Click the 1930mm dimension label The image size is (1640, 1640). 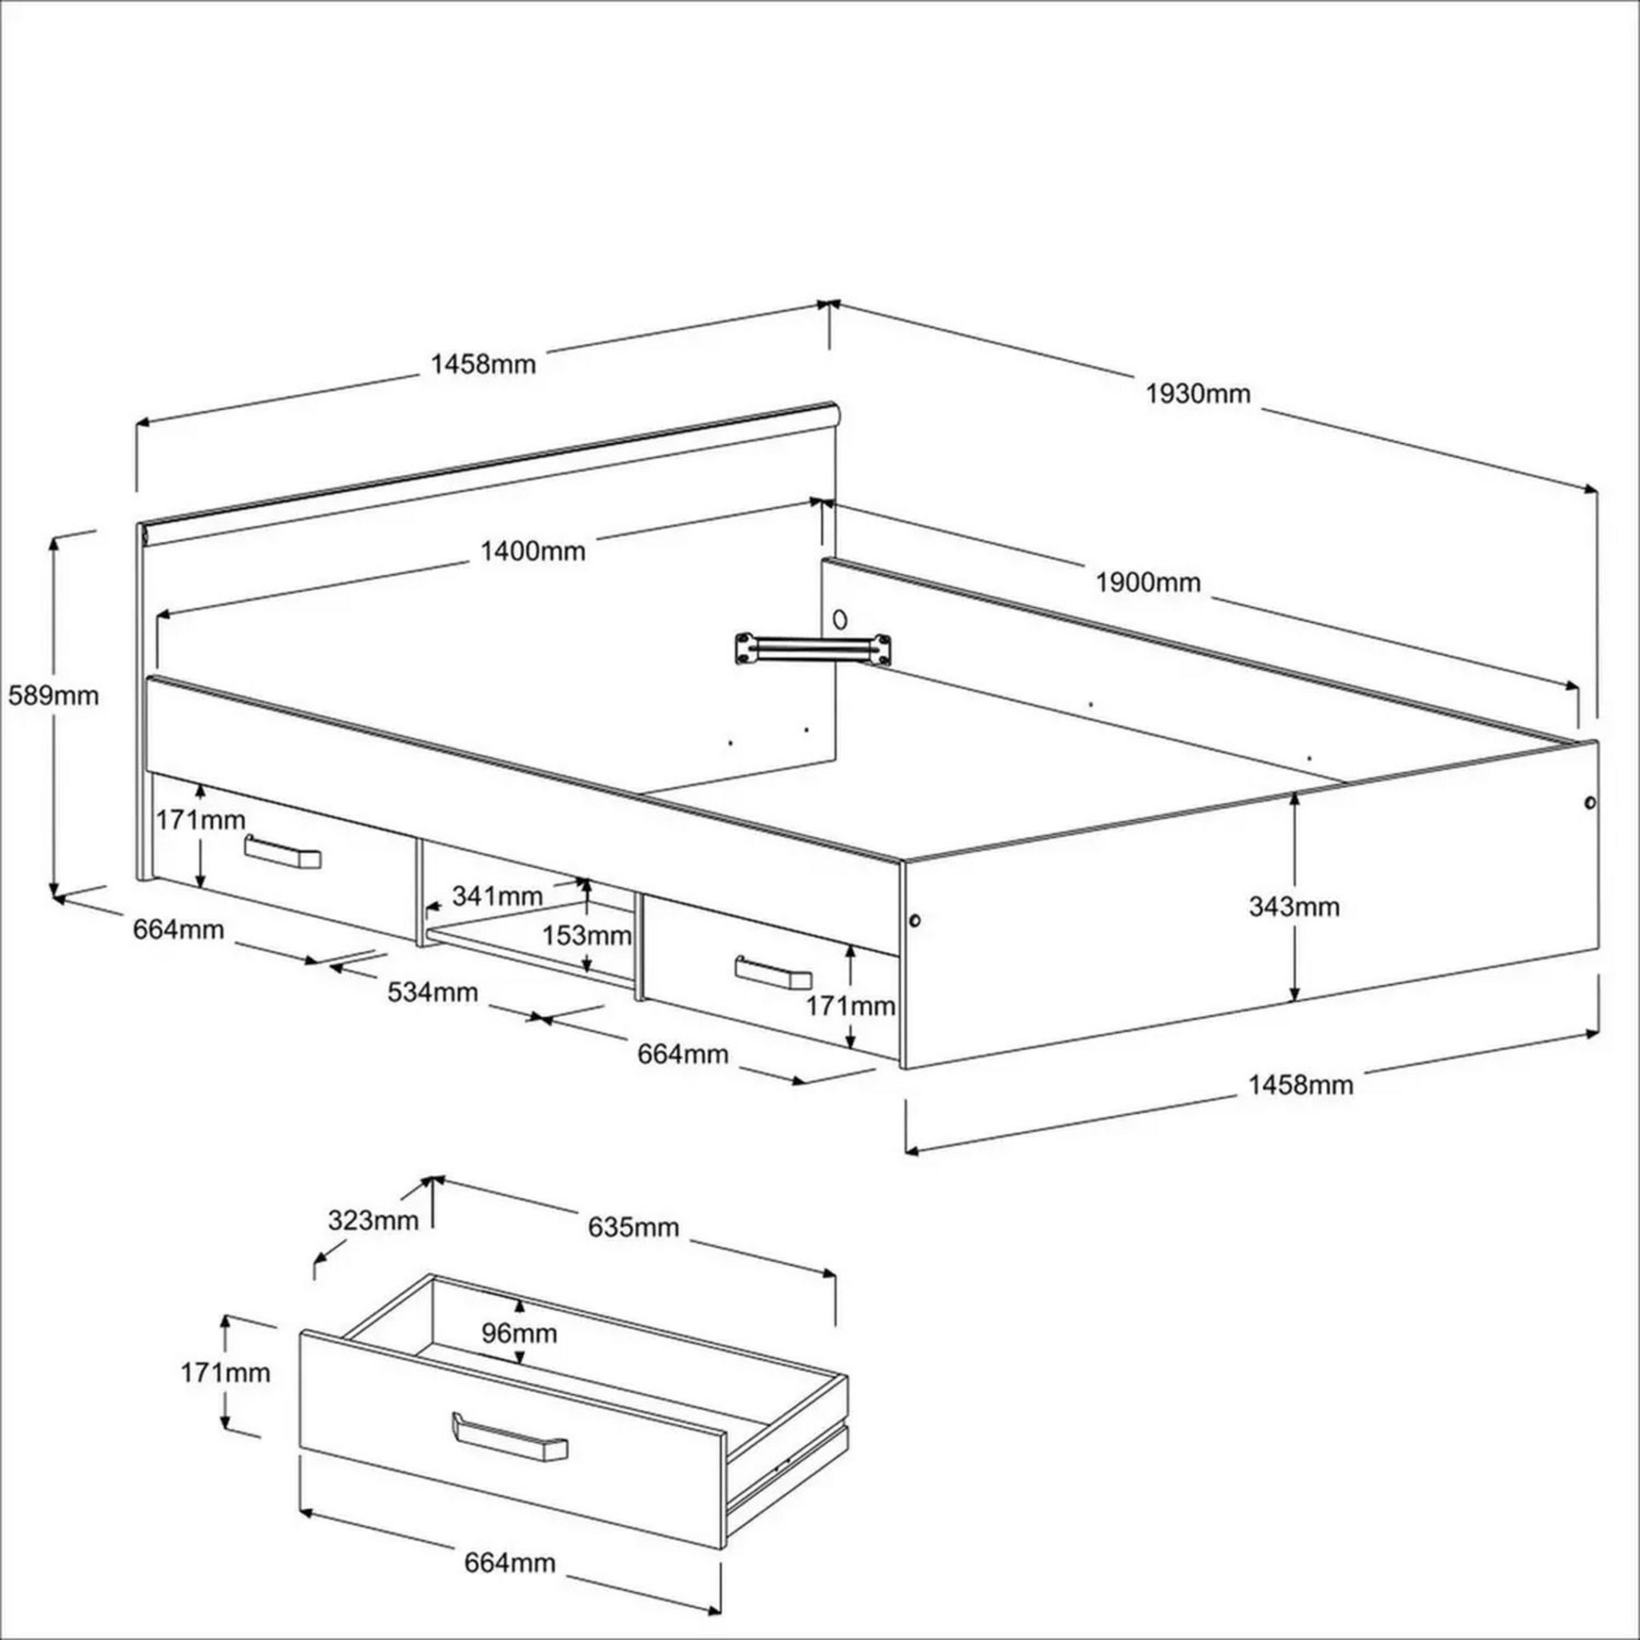pos(1198,394)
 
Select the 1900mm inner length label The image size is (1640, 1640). pos(1148,582)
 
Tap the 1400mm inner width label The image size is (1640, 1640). pos(533,552)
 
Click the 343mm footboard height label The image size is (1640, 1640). pos(1294,906)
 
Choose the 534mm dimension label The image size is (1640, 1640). pos(433,991)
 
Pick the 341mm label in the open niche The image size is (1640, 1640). pos(496,895)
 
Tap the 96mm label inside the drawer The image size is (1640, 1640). pos(520,1333)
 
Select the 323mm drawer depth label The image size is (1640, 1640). pos(372,1220)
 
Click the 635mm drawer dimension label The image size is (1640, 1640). pos(633,1227)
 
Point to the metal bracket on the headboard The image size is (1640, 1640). pos(814,649)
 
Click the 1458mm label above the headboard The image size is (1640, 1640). pos(484,365)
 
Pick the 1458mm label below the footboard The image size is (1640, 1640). pos(1300,1085)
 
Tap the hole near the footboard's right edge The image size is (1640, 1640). pos(1589,803)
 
